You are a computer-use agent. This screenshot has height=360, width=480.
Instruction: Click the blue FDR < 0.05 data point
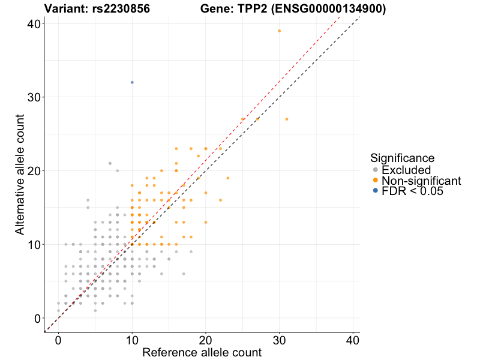tap(132, 82)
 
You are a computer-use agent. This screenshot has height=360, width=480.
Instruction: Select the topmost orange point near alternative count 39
tap(279, 31)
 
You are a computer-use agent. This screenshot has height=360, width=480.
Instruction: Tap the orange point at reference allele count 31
tap(287, 119)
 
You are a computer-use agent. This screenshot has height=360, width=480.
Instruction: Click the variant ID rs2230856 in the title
tap(118, 9)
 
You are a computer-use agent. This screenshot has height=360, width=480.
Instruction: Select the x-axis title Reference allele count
tap(202, 352)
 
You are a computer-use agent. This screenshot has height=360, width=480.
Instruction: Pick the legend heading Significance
tap(402, 158)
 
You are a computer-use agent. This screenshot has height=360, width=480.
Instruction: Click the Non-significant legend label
tap(421, 181)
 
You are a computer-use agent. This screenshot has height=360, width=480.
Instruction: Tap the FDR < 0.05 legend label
tap(413, 191)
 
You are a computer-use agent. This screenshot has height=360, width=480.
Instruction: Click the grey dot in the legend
tap(376, 170)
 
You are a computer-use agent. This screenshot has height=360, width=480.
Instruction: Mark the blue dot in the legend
tap(376, 191)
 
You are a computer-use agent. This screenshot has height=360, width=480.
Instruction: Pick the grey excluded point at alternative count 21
tap(110, 163)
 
